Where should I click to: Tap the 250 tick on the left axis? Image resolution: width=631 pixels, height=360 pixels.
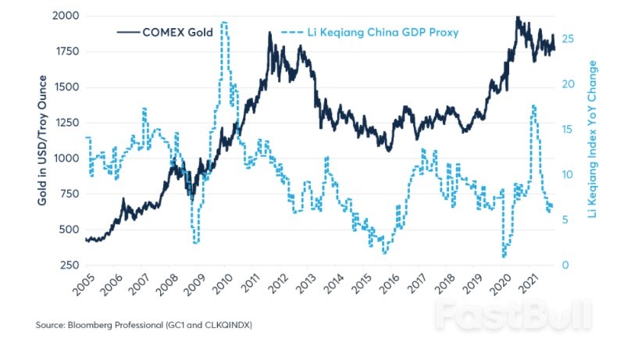(67, 266)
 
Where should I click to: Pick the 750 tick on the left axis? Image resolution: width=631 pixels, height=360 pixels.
(67, 194)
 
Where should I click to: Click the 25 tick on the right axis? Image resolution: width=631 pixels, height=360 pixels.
(568, 38)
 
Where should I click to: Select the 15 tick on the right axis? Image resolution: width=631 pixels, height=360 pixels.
(568, 129)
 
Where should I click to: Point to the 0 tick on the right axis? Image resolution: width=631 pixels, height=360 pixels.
(565, 266)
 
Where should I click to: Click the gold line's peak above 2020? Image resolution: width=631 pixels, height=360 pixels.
(516, 16)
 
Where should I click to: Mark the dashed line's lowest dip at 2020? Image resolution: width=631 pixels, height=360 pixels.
(504, 256)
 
